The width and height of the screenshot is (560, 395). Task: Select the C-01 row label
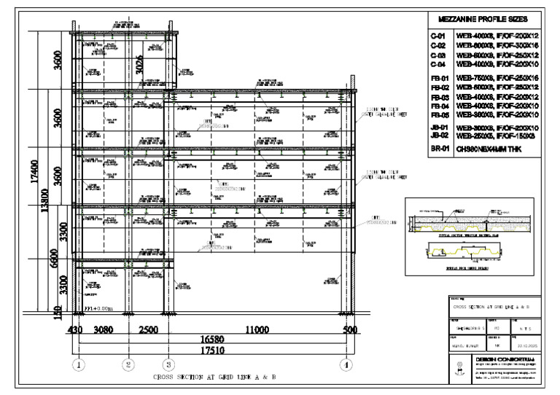[x=437, y=36]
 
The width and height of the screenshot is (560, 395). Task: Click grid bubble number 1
[x=78, y=364]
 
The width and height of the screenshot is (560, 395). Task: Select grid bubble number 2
[x=128, y=364]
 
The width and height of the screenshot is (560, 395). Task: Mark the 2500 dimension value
[x=148, y=330]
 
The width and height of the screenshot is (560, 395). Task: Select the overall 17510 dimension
[x=213, y=351]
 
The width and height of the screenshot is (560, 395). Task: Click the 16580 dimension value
[x=213, y=340]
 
